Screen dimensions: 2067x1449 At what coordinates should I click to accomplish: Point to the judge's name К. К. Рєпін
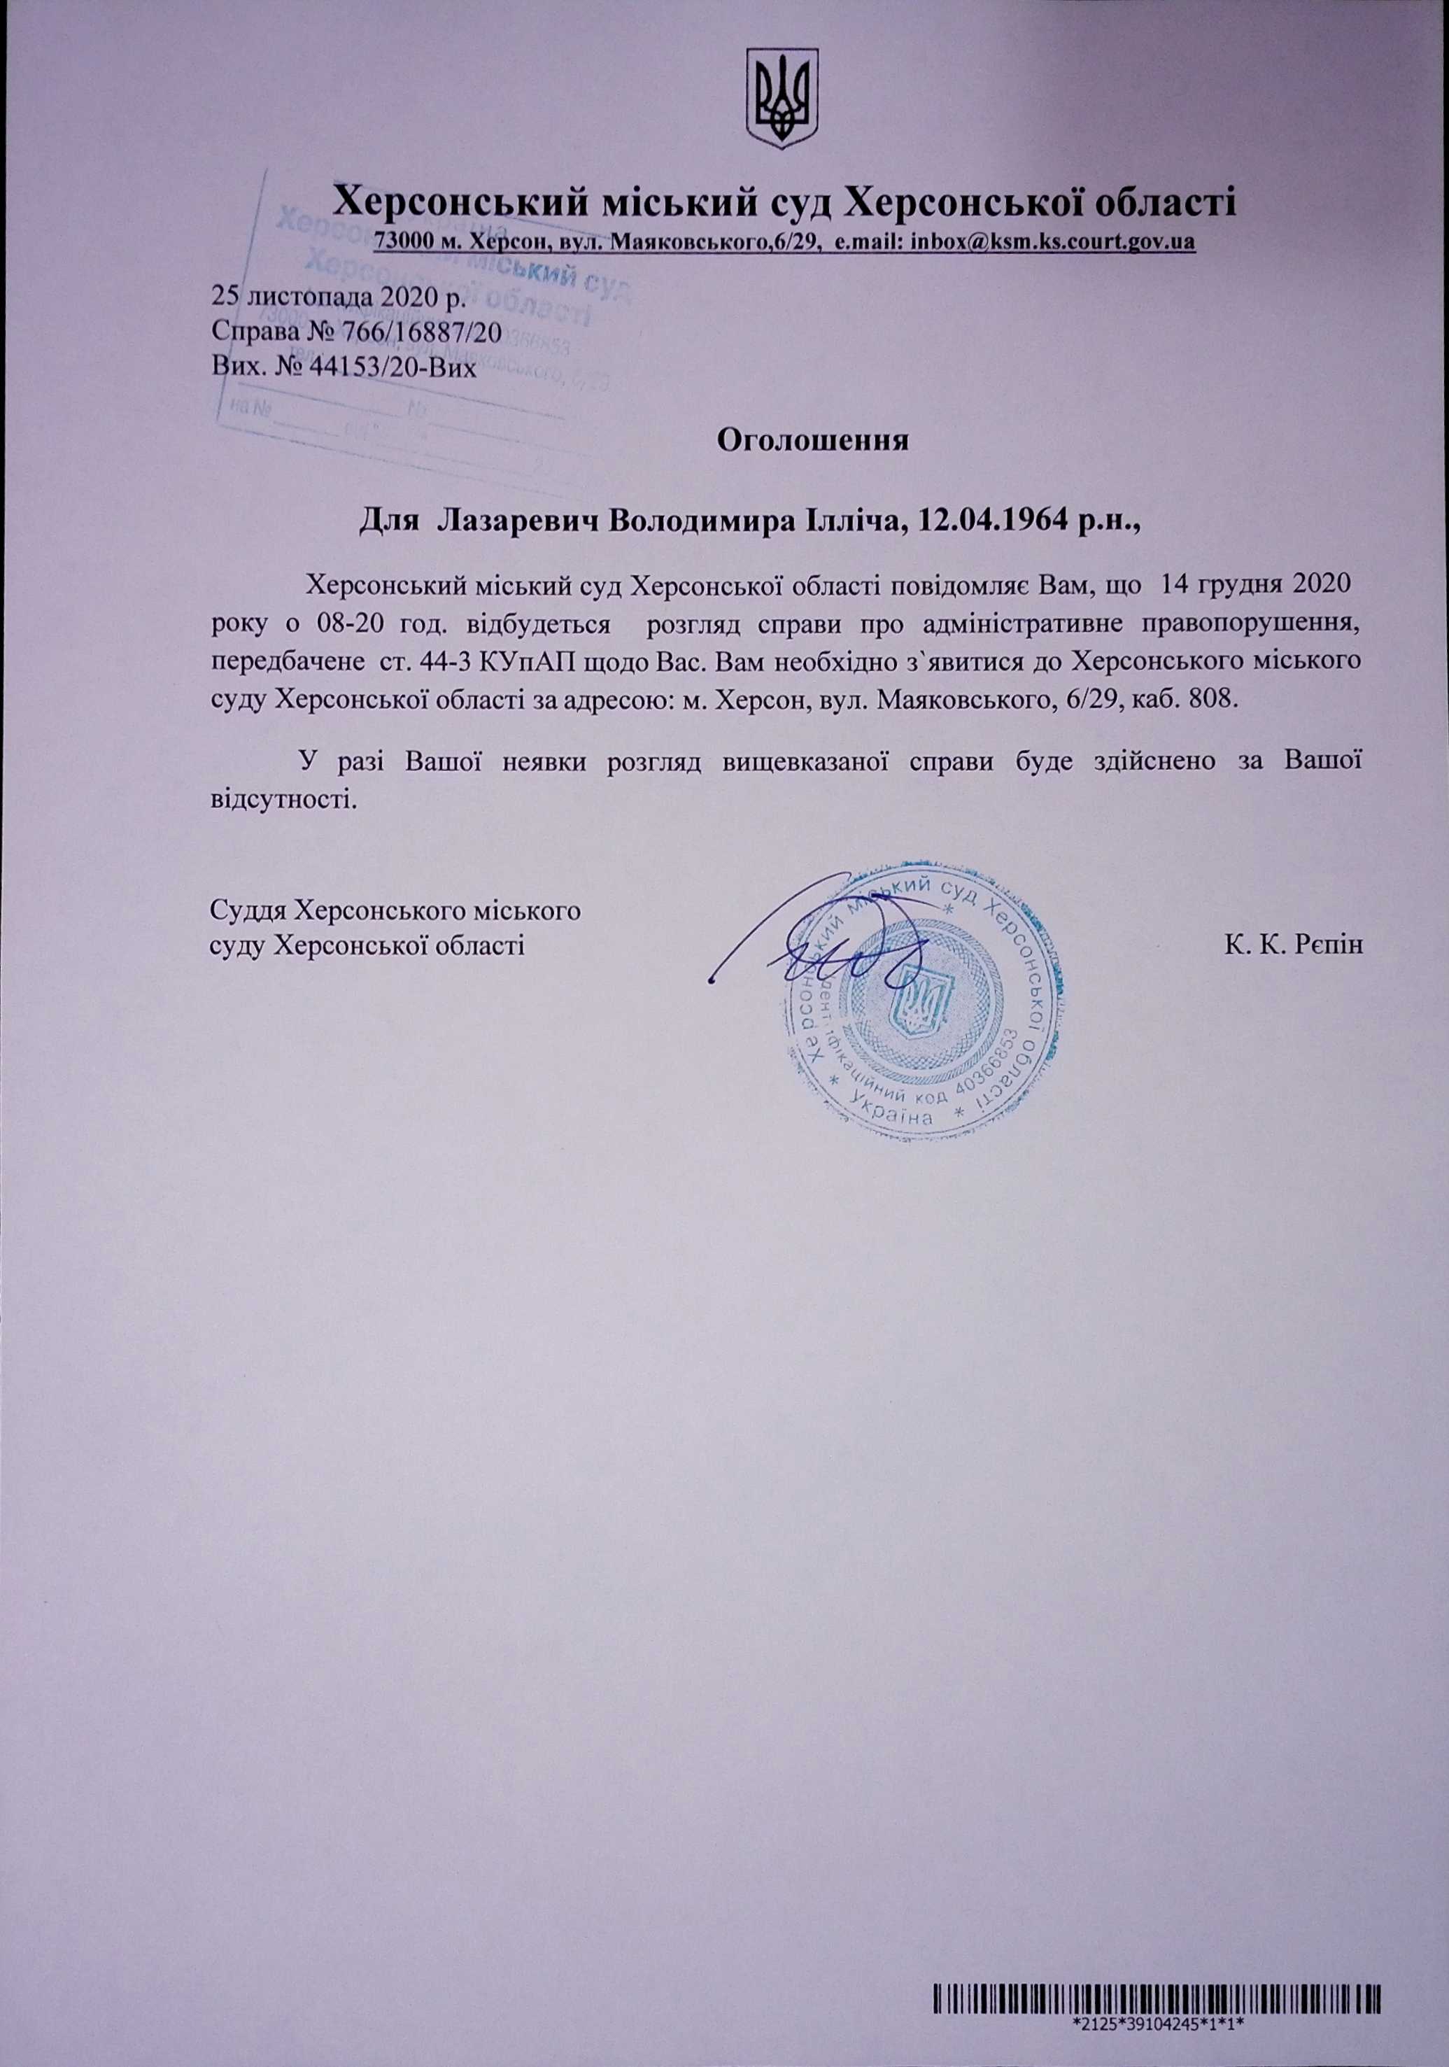coord(1294,945)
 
